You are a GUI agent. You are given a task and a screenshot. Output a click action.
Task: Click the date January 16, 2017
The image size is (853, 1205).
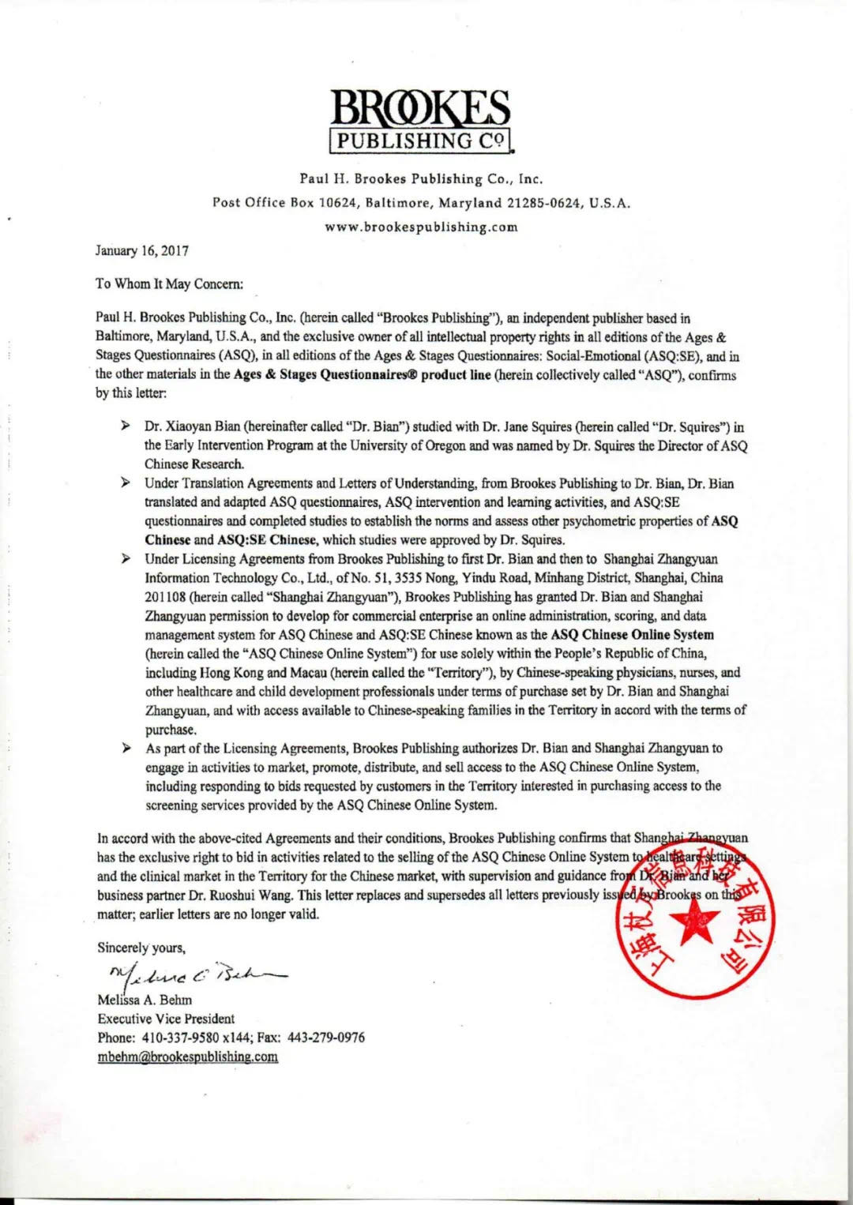[x=142, y=251]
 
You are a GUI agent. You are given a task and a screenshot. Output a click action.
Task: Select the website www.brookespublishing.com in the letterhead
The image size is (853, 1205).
[x=422, y=227]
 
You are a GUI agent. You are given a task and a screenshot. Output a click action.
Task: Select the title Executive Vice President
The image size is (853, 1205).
[x=166, y=1019]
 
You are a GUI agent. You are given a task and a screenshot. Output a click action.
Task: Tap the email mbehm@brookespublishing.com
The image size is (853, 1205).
[x=187, y=1057]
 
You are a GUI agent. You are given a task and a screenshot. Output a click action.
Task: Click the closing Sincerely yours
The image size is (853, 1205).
[x=141, y=948]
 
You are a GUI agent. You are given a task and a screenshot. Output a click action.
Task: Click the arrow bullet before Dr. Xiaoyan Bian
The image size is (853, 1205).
[x=126, y=426]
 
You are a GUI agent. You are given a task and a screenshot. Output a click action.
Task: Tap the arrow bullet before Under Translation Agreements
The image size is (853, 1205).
[x=126, y=482]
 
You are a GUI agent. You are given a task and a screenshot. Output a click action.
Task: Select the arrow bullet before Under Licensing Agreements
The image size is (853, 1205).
[x=126, y=558]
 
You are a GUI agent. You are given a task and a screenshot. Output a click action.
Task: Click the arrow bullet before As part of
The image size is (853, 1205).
[x=126, y=747]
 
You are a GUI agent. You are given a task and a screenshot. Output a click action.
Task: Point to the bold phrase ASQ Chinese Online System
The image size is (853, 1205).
[x=632, y=635]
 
